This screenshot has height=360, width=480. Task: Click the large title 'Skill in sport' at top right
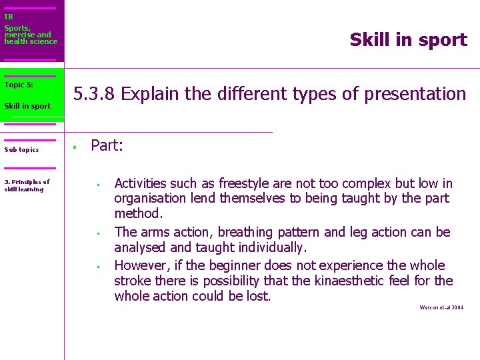[408, 40]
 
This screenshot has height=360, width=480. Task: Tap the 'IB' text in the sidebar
[9, 17]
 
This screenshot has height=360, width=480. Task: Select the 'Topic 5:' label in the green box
[19, 85]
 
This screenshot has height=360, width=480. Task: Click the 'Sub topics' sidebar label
[21, 149]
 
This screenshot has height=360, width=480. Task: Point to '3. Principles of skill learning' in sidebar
[27, 185]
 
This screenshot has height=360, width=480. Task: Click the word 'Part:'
[107, 145]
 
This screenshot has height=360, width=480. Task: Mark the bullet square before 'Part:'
[76, 147]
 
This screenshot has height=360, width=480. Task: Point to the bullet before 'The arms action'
[97, 233]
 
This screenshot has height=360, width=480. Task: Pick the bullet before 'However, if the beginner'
[97, 267]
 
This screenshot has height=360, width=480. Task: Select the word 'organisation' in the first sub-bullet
[149, 198]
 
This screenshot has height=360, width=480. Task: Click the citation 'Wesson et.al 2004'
[441, 307]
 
